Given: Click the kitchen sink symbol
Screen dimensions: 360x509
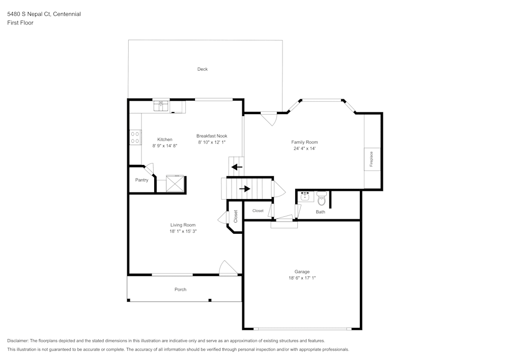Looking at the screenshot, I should point(162,105).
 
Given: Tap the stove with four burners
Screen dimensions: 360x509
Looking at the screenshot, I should point(135,137).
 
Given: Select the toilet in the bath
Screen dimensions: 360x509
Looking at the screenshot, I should point(322,198).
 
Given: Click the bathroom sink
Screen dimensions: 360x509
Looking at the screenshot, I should point(305,196).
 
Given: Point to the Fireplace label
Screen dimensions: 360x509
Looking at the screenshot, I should point(371,159).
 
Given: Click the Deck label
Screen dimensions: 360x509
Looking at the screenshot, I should point(203,69).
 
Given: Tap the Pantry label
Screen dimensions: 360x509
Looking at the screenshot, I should point(142,180).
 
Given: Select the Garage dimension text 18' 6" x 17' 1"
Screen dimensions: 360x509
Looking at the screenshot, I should point(302,278).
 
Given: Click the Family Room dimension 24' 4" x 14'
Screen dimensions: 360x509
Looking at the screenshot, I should point(304,149).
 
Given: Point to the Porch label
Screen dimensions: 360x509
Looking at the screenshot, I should point(180,290).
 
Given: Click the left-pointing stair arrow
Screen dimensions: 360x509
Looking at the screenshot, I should point(237,167).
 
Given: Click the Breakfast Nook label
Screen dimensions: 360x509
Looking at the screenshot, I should point(212,136).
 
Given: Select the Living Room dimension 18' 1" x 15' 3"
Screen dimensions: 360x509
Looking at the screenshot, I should point(182,231).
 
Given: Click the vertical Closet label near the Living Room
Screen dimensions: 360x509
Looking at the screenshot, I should point(236,216).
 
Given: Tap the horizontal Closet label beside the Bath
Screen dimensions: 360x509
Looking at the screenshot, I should point(258,211).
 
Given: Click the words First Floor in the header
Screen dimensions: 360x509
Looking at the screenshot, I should point(20,23).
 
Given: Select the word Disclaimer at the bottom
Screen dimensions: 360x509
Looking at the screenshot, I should point(18,341).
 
